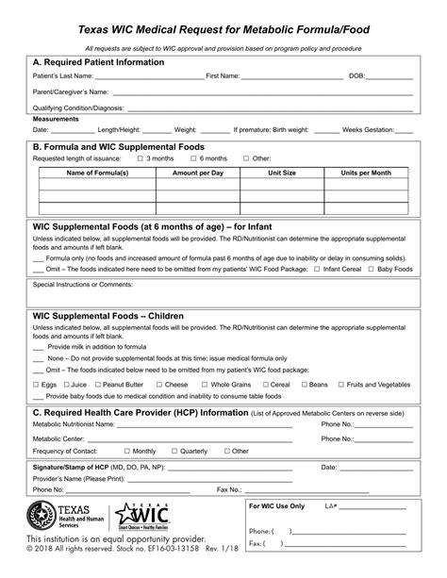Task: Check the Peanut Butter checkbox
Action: click(x=97, y=385)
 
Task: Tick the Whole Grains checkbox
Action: click(x=205, y=385)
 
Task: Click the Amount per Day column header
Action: click(x=198, y=173)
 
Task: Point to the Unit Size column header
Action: click(x=282, y=173)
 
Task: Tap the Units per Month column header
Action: click(x=366, y=173)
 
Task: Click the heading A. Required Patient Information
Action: click(x=98, y=62)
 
